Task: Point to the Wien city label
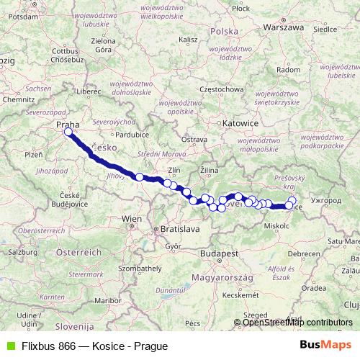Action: (x=132, y=218)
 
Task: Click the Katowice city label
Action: (x=240, y=124)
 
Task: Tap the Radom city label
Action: (x=287, y=70)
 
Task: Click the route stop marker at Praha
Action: (x=68, y=132)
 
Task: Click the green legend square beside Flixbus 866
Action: (x=9, y=346)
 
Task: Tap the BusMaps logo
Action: (x=326, y=345)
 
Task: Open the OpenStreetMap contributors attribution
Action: (x=297, y=322)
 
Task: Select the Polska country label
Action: (x=224, y=32)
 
